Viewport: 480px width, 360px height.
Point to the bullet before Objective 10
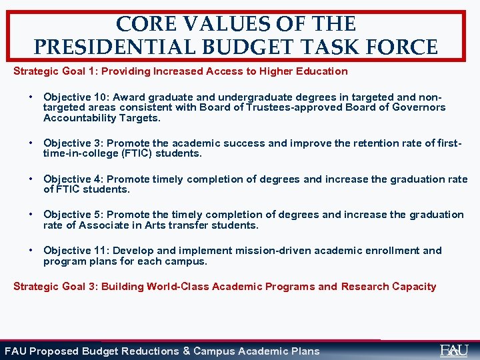coord(31,97)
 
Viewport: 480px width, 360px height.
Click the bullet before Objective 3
coord(31,143)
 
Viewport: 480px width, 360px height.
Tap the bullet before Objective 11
coord(31,250)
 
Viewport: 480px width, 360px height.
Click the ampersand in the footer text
coord(187,351)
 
